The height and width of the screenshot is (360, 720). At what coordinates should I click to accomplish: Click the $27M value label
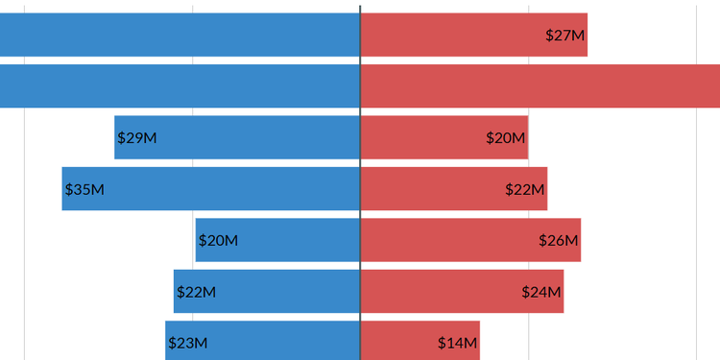pyautogui.click(x=564, y=36)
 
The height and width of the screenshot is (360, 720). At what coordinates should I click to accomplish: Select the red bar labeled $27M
pyautogui.click(x=461, y=36)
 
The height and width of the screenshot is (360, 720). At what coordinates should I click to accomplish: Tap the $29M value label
pyautogui.click(x=137, y=138)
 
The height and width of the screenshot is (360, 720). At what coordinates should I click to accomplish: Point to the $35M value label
pyautogui.click(x=84, y=189)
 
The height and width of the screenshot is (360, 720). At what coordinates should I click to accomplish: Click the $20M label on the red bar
pyautogui.click(x=506, y=138)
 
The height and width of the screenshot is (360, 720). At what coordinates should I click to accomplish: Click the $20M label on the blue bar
pyautogui.click(x=218, y=241)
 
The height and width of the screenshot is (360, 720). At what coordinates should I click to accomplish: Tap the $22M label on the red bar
pyautogui.click(x=525, y=189)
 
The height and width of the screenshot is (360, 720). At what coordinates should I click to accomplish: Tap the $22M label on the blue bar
pyautogui.click(x=196, y=292)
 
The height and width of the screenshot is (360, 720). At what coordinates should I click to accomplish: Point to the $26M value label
pyautogui.click(x=559, y=241)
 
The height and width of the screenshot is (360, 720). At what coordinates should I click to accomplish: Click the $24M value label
pyautogui.click(x=541, y=292)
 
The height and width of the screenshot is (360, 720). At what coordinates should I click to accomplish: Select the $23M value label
pyautogui.click(x=187, y=343)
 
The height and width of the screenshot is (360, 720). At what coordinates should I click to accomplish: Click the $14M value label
pyautogui.click(x=457, y=343)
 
